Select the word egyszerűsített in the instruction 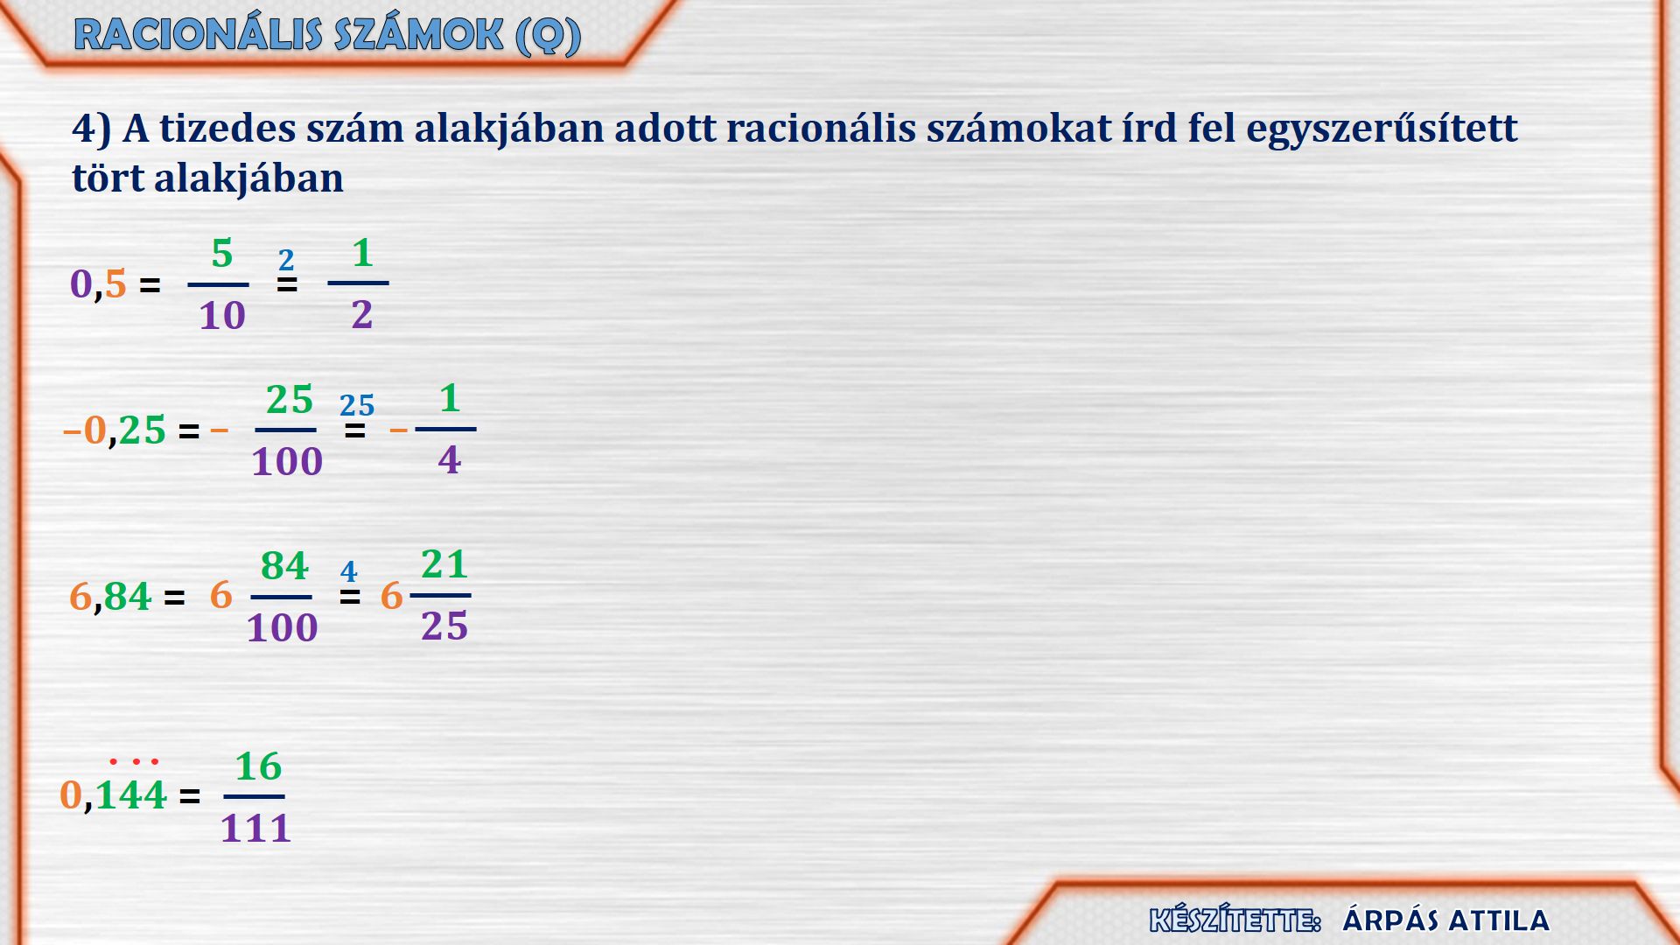(1382, 129)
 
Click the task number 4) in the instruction (92, 129)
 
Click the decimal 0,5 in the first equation (98, 283)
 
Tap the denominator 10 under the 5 (222, 315)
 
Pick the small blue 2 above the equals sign (286, 260)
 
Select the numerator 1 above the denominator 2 (362, 253)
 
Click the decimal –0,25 (115, 430)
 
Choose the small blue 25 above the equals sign (357, 405)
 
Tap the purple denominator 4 (450, 459)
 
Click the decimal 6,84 (110, 597)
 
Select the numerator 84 (284, 566)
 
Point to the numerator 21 (444, 564)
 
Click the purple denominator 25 (444, 626)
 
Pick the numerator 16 (258, 766)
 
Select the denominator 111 (255, 828)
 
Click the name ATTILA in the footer (1498, 920)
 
